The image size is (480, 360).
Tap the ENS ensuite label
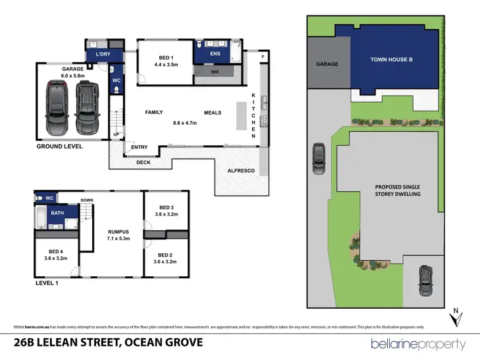click(x=214, y=54)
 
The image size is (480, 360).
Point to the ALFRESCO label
click(x=242, y=171)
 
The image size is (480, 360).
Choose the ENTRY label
click(x=139, y=148)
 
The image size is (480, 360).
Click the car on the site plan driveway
click(x=318, y=159)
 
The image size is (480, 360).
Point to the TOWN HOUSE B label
click(x=392, y=59)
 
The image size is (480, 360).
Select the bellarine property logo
click(x=419, y=343)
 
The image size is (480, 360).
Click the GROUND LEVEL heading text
click(x=60, y=146)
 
